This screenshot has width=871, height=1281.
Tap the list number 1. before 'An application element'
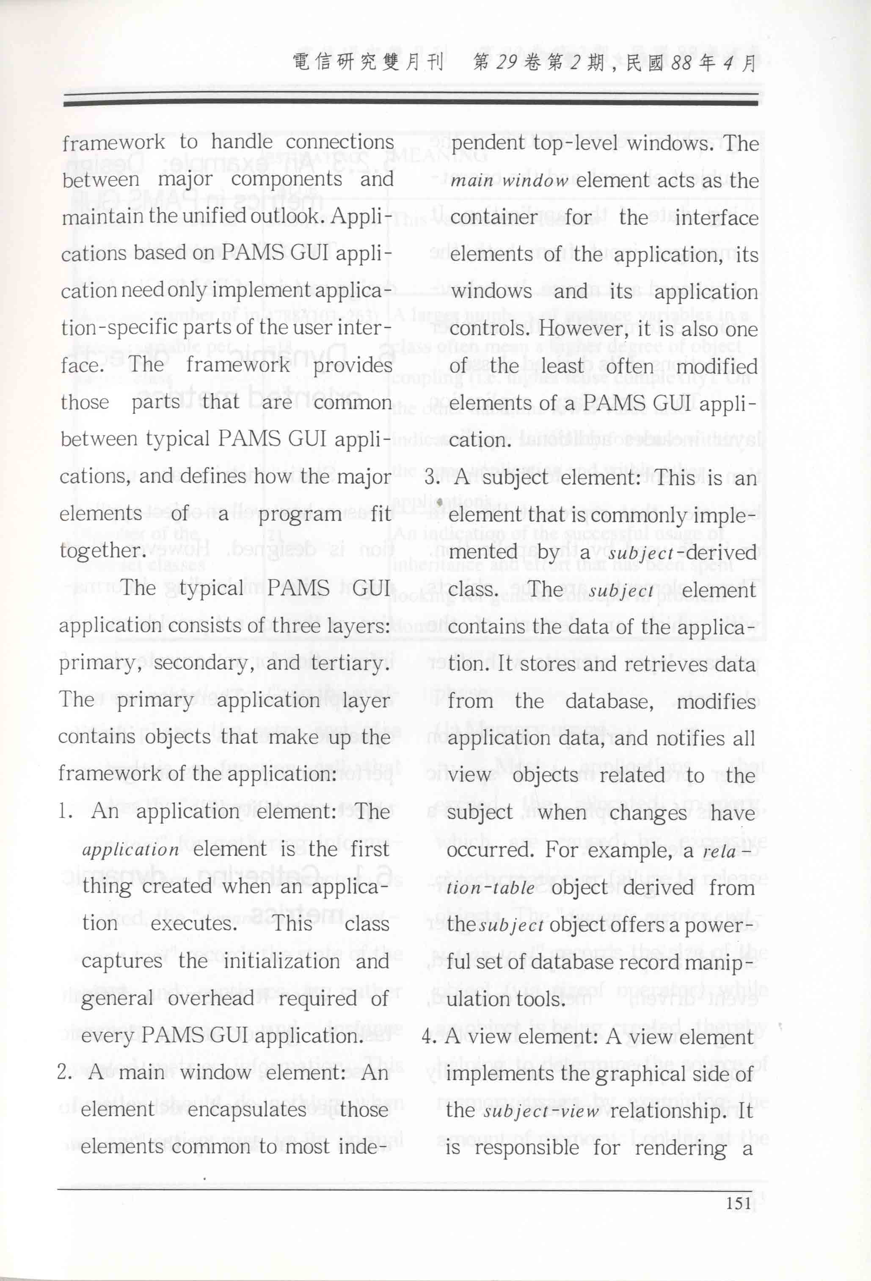(66, 811)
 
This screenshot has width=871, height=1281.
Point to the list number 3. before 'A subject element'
(432, 477)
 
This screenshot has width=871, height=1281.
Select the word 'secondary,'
(204, 663)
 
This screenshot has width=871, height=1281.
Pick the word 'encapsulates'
(246, 1109)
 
